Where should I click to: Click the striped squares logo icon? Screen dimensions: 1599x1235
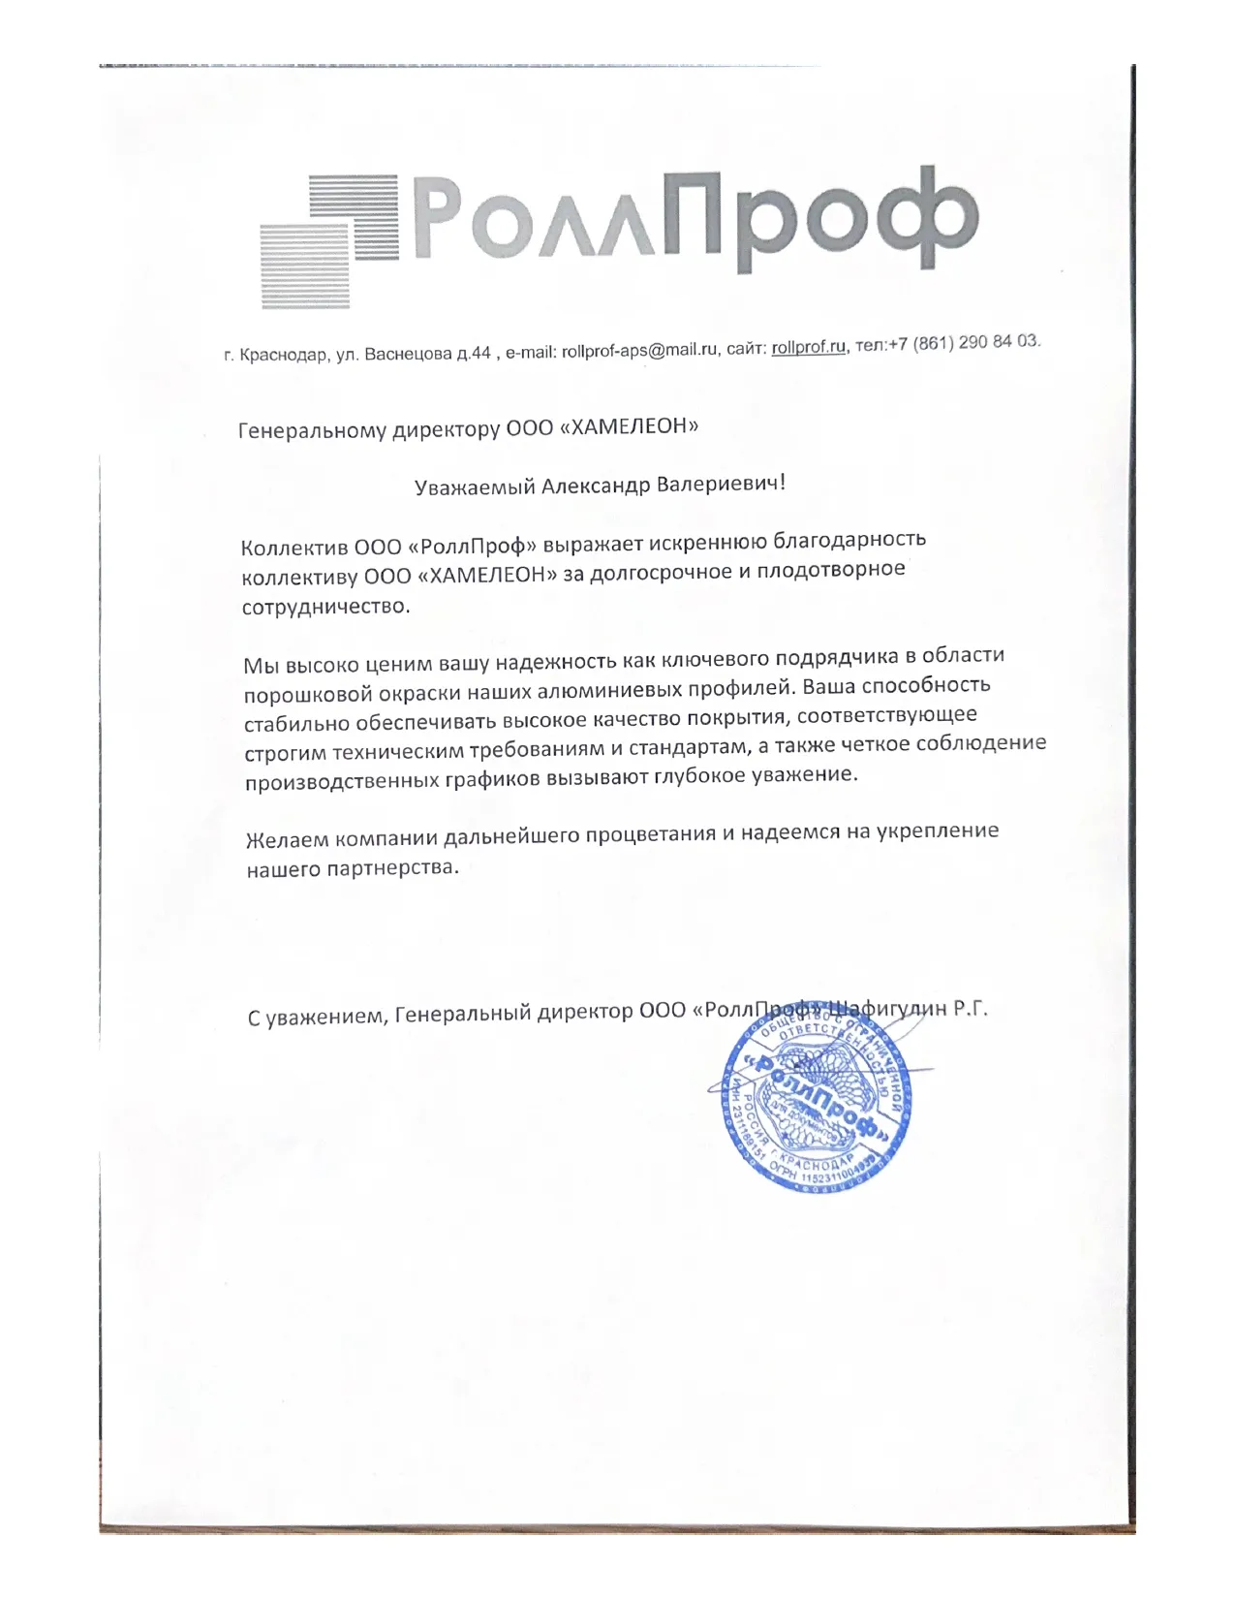pos(329,239)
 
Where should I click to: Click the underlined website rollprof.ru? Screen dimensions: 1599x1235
pos(809,347)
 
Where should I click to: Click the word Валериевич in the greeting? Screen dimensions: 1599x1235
pos(721,483)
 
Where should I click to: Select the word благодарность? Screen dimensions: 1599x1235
pos(851,539)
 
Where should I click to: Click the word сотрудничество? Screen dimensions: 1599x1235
pos(325,608)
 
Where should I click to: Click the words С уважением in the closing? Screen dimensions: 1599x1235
pos(317,1017)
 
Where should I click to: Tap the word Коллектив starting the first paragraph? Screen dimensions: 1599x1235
pos(294,548)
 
